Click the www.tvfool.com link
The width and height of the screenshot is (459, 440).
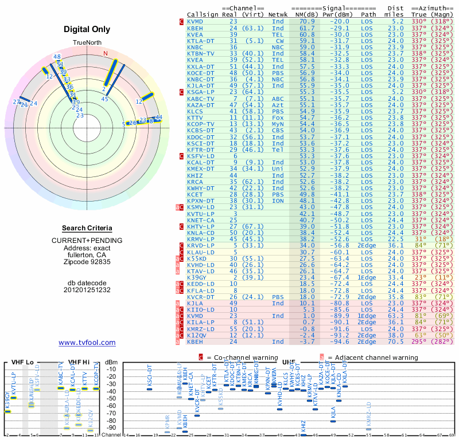pyautogui.click(x=87, y=343)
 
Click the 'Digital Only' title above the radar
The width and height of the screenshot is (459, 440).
pyautogui.click(x=87, y=29)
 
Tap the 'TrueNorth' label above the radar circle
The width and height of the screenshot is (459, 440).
pyautogui.click(x=87, y=44)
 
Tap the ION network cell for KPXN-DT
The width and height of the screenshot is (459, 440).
pyautogui.click(x=278, y=201)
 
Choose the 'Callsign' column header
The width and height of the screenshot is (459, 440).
pyautogui.click(x=203, y=14)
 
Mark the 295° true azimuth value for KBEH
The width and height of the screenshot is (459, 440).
pyautogui.click(x=419, y=341)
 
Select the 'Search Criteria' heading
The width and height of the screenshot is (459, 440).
pyautogui.click(x=87, y=228)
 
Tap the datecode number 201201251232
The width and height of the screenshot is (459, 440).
pyautogui.click(x=87, y=289)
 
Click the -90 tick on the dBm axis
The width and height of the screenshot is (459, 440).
pyautogui.click(x=111, y=427)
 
